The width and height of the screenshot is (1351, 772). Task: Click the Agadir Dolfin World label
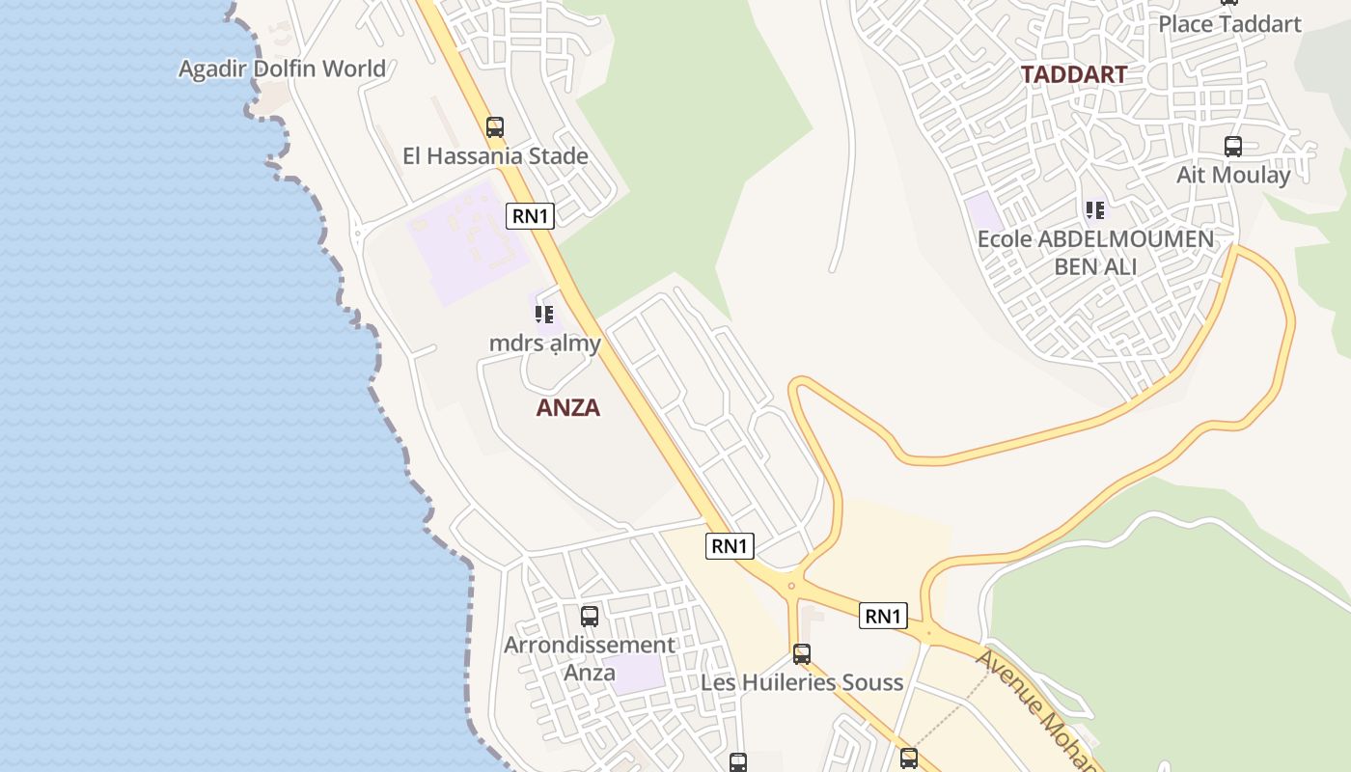(x=282, y=69)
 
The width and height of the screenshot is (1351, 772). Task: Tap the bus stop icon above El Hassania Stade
(x=495, y=126)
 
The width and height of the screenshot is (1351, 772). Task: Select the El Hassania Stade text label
(x=495, y=156)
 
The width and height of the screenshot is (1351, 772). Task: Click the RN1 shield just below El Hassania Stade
(x=530, y=216)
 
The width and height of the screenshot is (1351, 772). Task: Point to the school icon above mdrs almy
(x=544, y=314)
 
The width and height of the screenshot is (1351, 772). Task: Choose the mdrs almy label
(x=545, y=344)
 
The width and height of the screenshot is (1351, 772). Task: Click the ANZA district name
(x=568, y=407)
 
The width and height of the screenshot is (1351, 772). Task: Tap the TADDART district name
(x=1074, y=74)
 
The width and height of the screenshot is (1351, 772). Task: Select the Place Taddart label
(x=1229, y=24)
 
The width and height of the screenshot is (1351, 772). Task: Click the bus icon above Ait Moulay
(x=1232, y=147)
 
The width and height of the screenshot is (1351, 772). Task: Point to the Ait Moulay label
(x=1233, y=176)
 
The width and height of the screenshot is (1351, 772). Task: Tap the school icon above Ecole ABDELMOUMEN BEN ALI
(x=1094, y=209)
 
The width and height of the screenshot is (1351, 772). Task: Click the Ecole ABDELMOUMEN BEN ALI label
(x=1095, y=253)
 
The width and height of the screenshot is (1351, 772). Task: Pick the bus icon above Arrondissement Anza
(x=590, y=616)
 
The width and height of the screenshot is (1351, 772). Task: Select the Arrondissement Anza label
(x=590, y=658)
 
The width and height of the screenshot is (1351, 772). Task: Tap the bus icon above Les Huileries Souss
(x=802, y=654)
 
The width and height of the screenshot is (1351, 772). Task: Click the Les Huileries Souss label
(x=802, y=683)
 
